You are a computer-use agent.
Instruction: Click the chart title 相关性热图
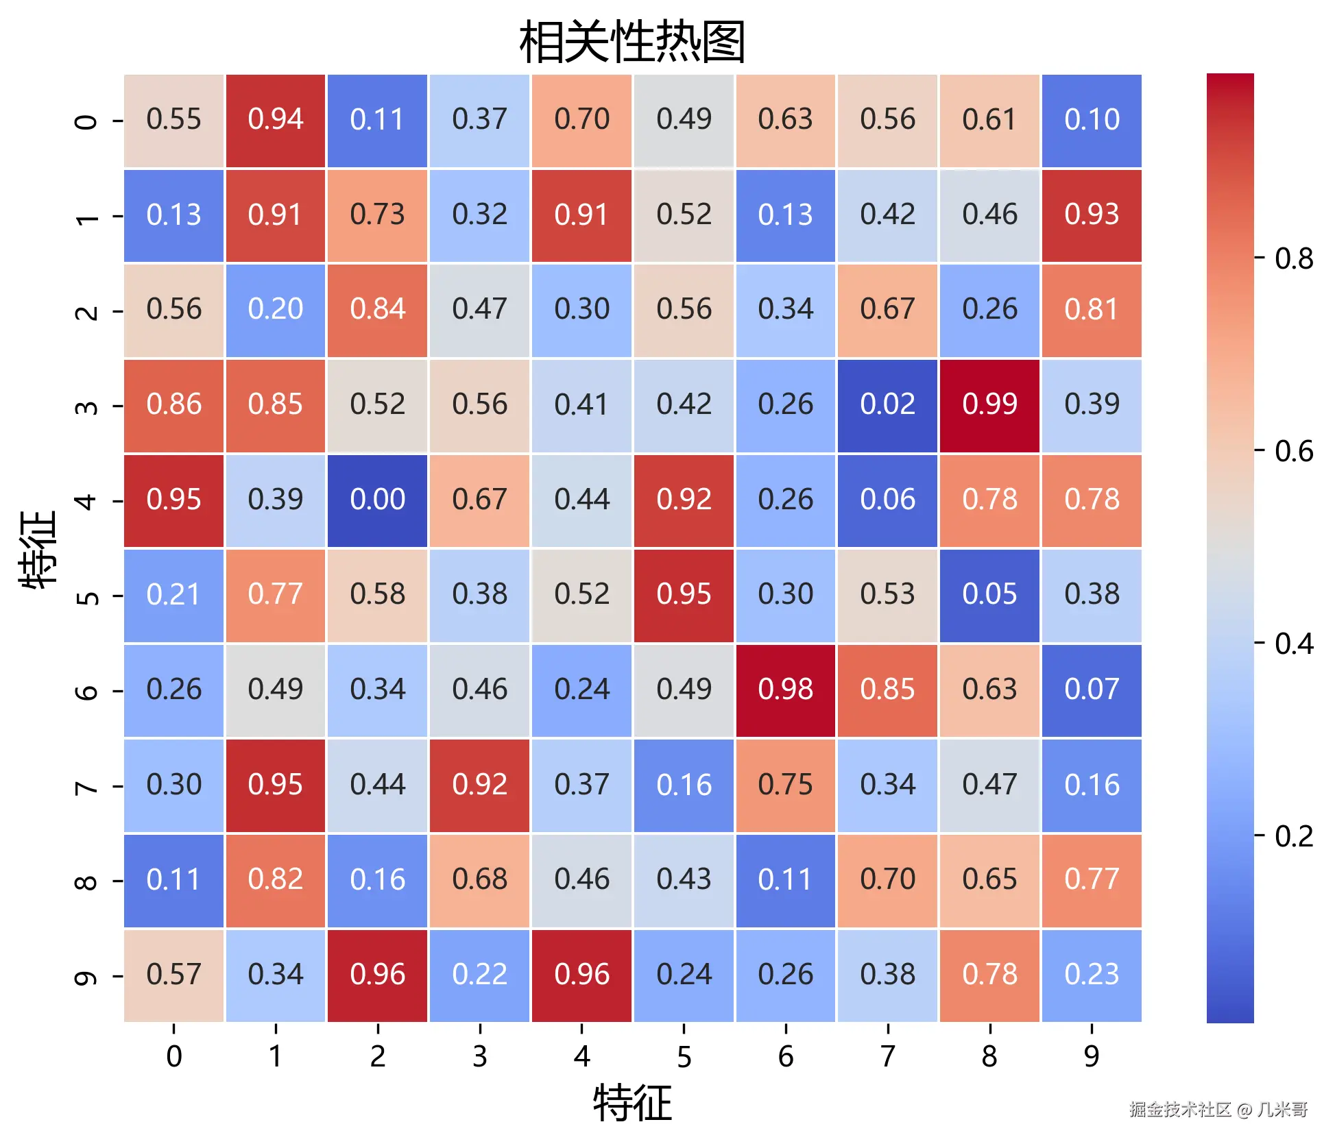(632, 42)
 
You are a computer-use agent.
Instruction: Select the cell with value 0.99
(989, 405)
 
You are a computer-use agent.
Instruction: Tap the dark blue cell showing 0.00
(377, 500)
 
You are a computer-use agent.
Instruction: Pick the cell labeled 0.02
(887, 405)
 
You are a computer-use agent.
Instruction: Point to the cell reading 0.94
(275, 120)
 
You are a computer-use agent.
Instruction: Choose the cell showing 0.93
(1092, 215)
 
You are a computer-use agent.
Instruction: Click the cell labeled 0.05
(989, 595)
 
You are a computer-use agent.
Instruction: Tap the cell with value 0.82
(275, 880)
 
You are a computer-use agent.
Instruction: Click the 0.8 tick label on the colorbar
(1293, 259)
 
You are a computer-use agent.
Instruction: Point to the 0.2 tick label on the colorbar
(1293, 837)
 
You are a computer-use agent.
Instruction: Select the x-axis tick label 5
(684, 1056)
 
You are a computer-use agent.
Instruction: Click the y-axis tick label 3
(86, 406)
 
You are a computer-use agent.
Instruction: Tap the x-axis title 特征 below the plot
(632, 1103)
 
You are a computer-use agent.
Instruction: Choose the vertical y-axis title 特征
(38, 548)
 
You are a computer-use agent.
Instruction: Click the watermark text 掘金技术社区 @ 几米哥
(1218, 1109)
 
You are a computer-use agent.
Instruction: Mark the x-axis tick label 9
(1092, 1056)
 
